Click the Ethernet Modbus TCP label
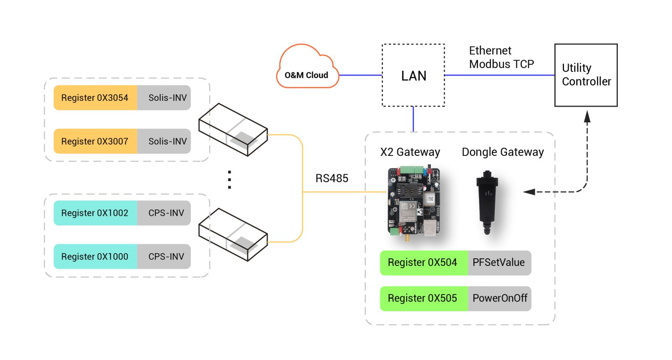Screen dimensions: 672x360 coord(501,57)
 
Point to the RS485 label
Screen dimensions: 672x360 coord(332,178)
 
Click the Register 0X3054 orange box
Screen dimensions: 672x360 coord(95,97)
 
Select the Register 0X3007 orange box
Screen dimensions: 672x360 coord(95,141)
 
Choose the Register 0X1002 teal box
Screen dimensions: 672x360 coord(95,213)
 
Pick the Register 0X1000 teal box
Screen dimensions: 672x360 coord(95,257)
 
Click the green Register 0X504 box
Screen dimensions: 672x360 coord(424,263)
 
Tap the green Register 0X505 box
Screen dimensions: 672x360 coord(424,299)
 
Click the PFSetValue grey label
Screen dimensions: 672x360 coord(499,263)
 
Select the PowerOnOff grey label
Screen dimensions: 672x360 coord(499,299)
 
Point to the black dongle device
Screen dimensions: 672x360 coord(487,202)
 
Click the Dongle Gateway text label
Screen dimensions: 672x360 coord(502,152)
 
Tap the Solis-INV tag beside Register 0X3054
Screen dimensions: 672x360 coord(164,97)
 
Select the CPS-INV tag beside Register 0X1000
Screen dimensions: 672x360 coord(164,257)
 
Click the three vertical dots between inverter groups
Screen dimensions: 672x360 coord(229,180)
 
